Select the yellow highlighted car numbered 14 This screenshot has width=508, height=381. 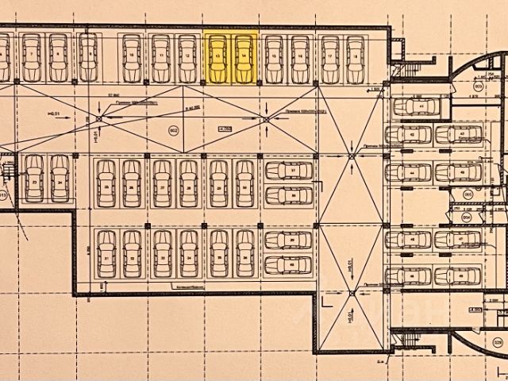(244, 57)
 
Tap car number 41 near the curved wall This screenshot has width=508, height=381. (418, 106)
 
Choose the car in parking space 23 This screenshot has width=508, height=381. (33, 178)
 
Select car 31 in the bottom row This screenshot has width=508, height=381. (105, 253)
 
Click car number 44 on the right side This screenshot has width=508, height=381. (414, 171)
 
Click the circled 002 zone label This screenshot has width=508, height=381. (174, 132)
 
